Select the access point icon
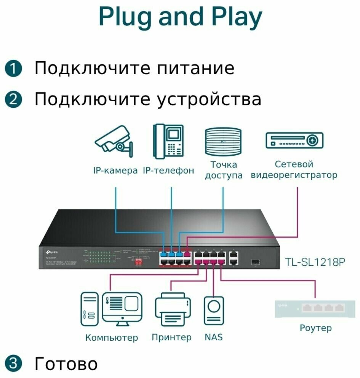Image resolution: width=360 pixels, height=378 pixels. click(x=224, y=142)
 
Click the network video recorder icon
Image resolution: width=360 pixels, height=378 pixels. click(x=294, y=140)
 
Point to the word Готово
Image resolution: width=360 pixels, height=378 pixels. click(x=66, y=364)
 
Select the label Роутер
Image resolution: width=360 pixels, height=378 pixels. click(x=315, y=328)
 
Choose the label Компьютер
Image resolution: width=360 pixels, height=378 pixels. click(x=111, y=337)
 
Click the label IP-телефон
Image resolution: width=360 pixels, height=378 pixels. click(x=168, y=170)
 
